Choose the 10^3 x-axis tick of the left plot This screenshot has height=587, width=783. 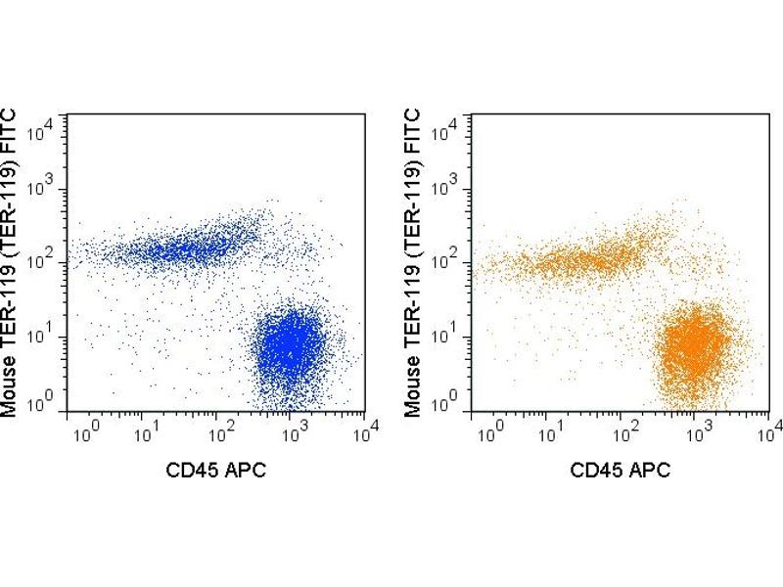pos(295,428)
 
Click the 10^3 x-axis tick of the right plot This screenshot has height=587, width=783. pos(699,428)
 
